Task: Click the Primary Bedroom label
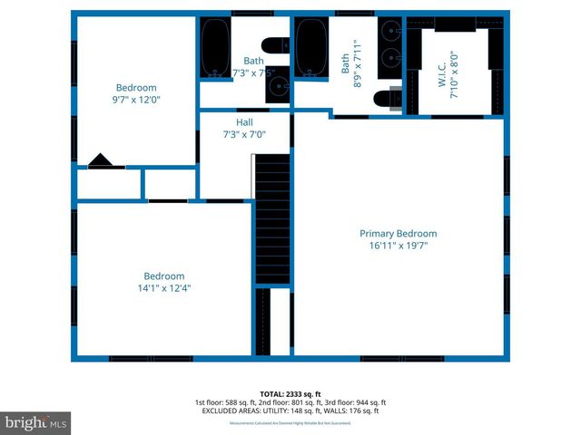pyautogui.click(x=398, y=233)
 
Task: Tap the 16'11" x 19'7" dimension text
pyautogui.click(x=398, y=245)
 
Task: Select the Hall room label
pyautogui.click(x=244, y=122)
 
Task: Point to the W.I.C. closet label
pyautogui.click(x=442, y=62)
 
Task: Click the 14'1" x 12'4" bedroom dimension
pyautogui.click(x=163, y=288)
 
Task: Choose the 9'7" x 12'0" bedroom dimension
pyautogui.click(x=136, y=101)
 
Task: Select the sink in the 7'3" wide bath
pyautogui.click(x=277, y=84)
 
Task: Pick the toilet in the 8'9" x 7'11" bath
pyautogui.click(x=389, y=98)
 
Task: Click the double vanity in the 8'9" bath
pyautogui.click(x=390, y=45)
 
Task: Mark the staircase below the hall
pyautogui.click(x=271, y=217)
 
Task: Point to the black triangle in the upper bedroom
pyautogui.click(x=100, y=161)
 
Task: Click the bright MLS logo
pyautogui.click(x=36, y=422)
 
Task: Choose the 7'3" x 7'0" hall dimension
pyautogui.click(x=244, y=134)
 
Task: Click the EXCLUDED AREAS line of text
pyautogui.click(x=290, y=411)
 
